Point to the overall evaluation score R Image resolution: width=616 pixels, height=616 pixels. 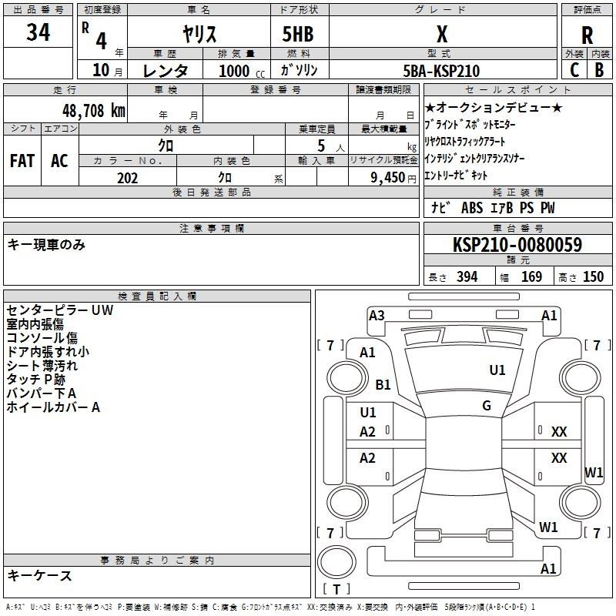(x=587, y=35)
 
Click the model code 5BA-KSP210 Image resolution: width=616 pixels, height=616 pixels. (x=441, y=71)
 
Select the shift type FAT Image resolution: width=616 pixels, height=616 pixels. (x=22, y=160)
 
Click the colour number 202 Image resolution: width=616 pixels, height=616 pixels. (x=127, y=178)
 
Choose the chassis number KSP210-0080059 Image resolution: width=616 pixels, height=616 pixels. (x=517, y=245)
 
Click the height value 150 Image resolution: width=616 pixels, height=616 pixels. (x=593, y=277)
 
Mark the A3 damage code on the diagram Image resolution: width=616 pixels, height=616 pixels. (x=377, y=315)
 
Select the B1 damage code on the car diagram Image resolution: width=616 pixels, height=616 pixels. (x=383, y=384)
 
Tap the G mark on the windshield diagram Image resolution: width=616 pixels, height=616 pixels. (x=487, y=405)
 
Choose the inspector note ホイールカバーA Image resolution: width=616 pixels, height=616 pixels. (x=53, y=407)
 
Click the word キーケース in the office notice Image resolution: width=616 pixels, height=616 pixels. (x=39, y=575)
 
